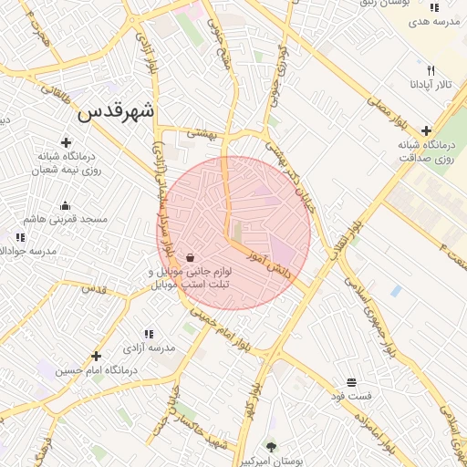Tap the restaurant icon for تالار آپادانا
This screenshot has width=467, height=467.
pyautogui.click(x=431, y=70)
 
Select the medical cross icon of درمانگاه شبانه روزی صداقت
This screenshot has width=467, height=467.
pyautogui.click(x=426, y=130)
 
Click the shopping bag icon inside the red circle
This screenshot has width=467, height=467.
pyautogui.click(x=190, y=258)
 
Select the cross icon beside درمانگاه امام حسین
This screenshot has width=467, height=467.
pyautogui.click(x=96, y=356)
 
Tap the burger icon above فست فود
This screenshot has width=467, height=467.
pyautogui.click(x=351, y=382)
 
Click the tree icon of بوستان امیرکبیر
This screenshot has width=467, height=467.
pyautogui.click(x=271, y=447)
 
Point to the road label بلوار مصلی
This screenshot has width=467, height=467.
pyautogui.click(x=386, y=113)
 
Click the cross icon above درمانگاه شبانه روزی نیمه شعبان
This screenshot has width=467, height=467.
pyautogui.click(x=66, y=142)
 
